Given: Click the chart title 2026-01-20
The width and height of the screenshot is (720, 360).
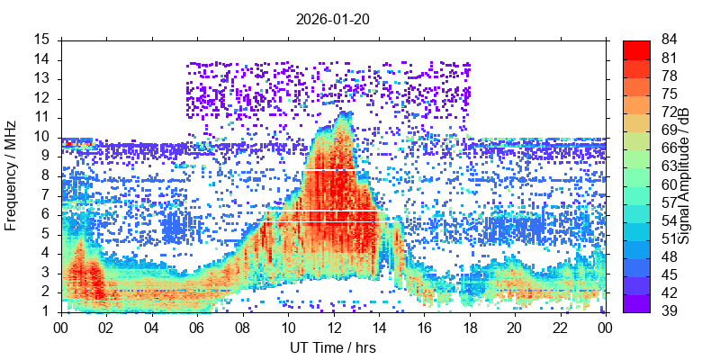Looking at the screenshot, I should coord(333,18).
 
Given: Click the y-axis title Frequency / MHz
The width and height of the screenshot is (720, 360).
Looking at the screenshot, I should coord(12,175).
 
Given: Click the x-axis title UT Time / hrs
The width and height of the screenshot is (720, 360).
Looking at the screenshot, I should coord(333,347).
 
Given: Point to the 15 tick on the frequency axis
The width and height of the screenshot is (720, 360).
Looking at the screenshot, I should coord(42,40).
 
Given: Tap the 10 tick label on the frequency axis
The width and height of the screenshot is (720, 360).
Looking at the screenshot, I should coord(42,137).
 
